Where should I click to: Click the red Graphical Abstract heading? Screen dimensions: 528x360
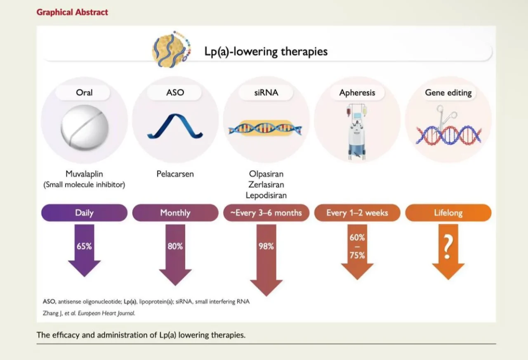[x=72, y=12]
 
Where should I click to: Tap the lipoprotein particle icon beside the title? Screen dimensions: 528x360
[x=171, y=49]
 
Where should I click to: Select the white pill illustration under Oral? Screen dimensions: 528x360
[x=85, y=128]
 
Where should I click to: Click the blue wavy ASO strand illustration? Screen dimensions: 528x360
[x=175, y=126]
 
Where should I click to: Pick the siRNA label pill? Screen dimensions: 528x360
[x=266, y=93]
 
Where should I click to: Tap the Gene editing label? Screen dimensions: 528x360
[x=448, y=93]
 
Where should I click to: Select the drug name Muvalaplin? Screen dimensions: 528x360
[x=84, y=174]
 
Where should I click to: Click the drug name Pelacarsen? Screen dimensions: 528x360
[x=175, y=174]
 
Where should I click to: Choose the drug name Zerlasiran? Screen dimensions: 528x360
[x=266, y=184]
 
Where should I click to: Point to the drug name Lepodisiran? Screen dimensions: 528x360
[x=266, y=195]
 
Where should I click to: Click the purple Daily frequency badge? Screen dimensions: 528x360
[x=85, y=213]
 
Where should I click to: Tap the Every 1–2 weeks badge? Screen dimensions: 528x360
[x=357, y=213]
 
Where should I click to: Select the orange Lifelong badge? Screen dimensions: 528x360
[x=448, y=213]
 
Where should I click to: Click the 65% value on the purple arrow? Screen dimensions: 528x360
[x=84, y=246]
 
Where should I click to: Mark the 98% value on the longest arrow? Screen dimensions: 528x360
[x=266, y=246]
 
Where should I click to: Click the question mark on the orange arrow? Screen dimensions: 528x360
[x=448, y=247]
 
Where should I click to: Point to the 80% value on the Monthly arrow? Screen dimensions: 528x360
[x=175, y=246]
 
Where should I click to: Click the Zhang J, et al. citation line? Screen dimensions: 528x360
[x=89, y=313]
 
